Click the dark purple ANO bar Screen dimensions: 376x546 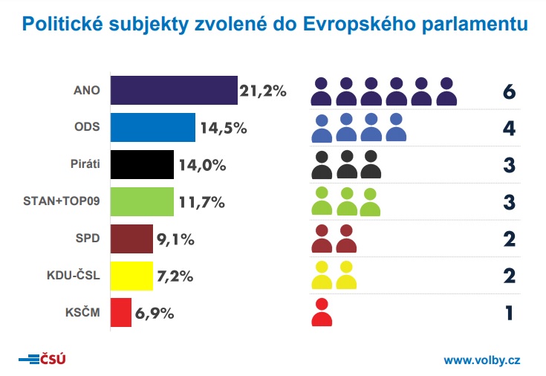click(x=174, y=91)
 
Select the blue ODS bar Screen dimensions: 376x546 click(x=153, y=127)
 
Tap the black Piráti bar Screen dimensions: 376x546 click(x=142, y=164)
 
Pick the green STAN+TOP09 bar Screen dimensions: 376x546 click(x=142, y=201)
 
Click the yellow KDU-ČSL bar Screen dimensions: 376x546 click(x=131, y=275)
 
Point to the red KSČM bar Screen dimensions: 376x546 click(x=121, y=312)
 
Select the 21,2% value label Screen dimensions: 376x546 click(x=262, y=91)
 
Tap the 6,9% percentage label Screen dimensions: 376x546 click(x=155, y=313)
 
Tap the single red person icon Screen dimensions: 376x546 click(x=322, y=312)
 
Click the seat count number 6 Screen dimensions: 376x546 click(x=508, y=91)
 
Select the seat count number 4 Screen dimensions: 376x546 click(x=508, y=128)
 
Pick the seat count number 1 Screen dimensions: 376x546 click(x=509, y=313)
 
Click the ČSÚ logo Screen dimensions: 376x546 click(x=42, y=360)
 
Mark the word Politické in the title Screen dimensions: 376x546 click(x=65, y=25)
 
